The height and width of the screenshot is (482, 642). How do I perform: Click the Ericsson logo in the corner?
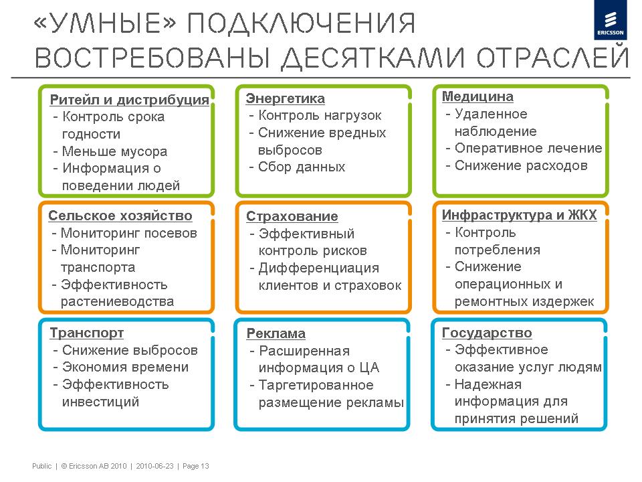(x=610, y=20)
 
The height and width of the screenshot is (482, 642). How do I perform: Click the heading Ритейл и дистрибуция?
(x=129, y=100)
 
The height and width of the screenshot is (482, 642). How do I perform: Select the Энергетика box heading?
(x=286, y=98)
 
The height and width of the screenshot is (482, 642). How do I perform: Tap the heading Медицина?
(x=477, y=96)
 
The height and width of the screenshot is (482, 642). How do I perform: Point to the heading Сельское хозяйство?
(x=120, y=216)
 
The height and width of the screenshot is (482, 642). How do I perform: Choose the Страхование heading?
(x=292, y=216)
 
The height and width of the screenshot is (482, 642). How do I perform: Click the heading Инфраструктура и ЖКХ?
(x=519, y=215)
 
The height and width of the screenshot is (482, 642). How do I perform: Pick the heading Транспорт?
(x=86, y=333)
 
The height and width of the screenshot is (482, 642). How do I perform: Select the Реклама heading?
(x=276, y=333)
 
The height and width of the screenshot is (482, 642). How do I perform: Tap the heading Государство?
(x=487, y=333)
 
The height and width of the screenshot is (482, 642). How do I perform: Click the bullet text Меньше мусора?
(x=114, y=151)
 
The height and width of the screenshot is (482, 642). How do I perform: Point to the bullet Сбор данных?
(x=302, y=167)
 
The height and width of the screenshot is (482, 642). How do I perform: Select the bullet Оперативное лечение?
(x=528, y=148)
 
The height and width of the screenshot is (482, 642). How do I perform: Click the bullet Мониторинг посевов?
(x=128, y=233)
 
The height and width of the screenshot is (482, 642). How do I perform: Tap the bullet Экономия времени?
(x=125, y=367)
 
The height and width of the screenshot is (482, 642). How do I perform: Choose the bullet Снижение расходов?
(x=521, y=165)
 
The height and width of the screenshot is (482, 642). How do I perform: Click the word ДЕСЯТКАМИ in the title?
(x=374, y=58)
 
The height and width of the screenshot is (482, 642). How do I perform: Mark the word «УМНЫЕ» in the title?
(x=104, y=23)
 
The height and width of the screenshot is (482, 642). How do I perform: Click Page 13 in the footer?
(x=196, y=466)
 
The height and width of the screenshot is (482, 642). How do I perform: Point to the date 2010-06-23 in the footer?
(x=154, y=466)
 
